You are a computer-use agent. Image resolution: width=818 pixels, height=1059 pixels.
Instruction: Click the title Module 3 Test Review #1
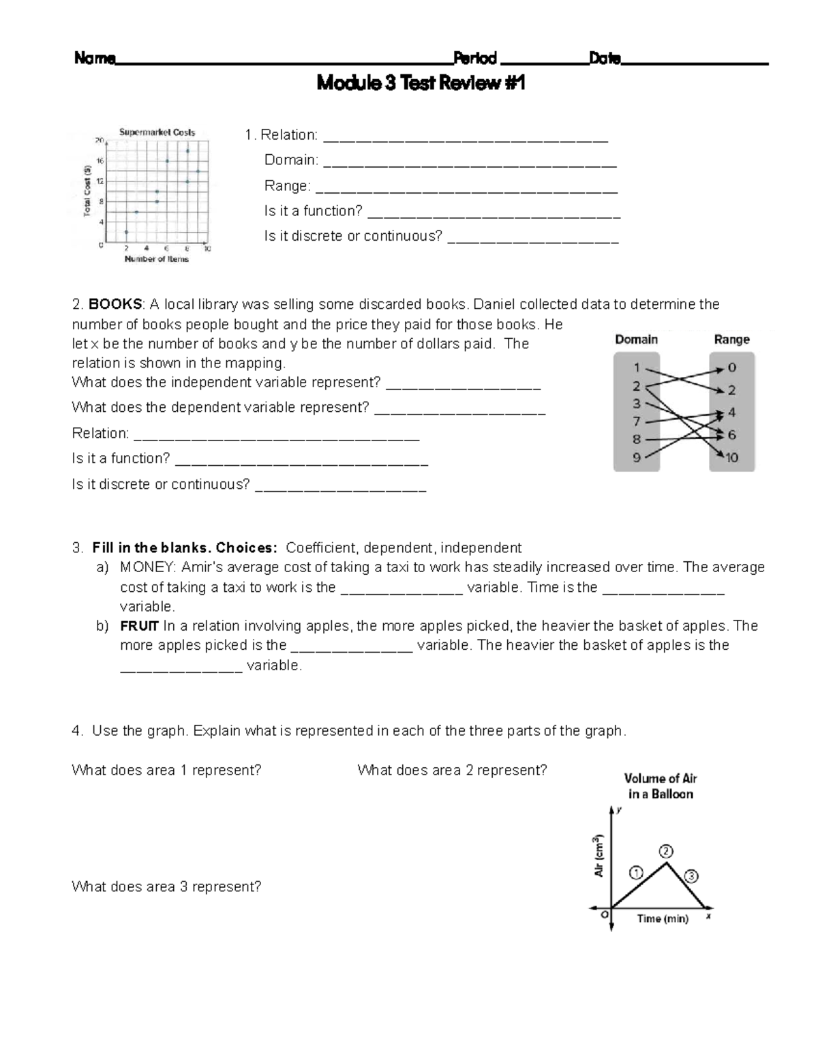pos(421,84)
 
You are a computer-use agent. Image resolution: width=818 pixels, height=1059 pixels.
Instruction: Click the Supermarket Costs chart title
pos(157,132)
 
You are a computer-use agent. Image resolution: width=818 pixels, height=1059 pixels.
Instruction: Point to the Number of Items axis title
pos(156,259)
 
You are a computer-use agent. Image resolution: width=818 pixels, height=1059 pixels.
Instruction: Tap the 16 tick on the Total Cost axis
pos(100,162)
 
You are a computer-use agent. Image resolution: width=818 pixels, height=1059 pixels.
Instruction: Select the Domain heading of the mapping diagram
pos(636,340)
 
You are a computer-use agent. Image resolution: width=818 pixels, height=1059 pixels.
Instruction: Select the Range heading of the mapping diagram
pos(731,340)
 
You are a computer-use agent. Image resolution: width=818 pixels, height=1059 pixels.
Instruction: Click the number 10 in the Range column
pos(731,458)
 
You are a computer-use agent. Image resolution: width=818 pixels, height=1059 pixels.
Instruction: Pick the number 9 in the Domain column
pos(636,458)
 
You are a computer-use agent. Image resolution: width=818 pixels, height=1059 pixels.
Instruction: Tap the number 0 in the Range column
pos(731,368)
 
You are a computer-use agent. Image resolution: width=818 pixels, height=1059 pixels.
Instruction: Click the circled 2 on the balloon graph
pos(666,852)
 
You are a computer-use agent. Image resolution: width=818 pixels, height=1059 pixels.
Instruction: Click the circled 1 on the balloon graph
pos(636,873)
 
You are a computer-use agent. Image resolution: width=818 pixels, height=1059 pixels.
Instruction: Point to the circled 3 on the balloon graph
pos(691,876)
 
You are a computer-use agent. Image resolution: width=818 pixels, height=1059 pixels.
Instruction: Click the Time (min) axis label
pos(662,919)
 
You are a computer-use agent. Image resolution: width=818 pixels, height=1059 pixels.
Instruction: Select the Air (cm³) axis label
pos(599,855)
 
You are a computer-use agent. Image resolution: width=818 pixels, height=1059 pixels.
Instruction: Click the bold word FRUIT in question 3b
pos(139,626)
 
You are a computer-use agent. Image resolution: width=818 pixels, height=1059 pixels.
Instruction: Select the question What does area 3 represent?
pos(166,886)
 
